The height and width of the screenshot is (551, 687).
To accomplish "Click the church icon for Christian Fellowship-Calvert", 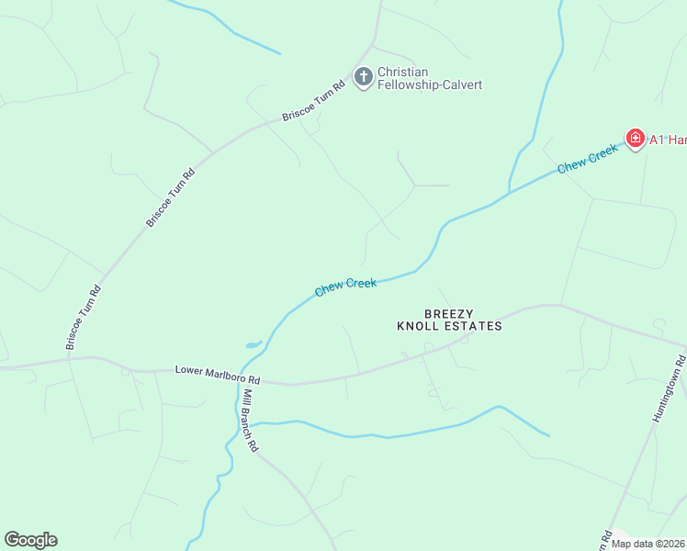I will (x=364, y=77).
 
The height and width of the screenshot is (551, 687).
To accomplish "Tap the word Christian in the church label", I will (x=403, y=73).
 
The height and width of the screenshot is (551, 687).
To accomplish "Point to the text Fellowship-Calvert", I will (x=429, y=85).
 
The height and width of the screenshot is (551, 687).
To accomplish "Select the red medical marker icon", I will (x=635, y=139).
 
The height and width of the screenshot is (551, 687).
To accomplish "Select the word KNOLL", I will (x=417, y=326).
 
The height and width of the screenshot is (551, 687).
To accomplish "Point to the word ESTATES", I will (x=473, y=326).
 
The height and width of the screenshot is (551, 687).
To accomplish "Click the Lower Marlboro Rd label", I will (x=218, y=375).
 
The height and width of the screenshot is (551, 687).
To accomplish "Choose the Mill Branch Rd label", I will (x=250, y=421).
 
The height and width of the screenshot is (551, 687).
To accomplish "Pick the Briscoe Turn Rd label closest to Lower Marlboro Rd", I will (x=82, y=318).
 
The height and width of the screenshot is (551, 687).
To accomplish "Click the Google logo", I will (x=30, y=540).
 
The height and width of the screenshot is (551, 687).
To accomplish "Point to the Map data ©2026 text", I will (x=648, y=544).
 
